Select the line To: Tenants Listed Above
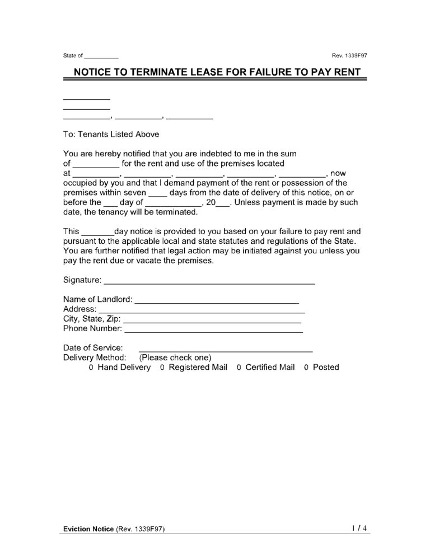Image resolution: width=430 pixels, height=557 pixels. (x=111, y=134)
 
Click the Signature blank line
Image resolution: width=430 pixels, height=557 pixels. (x=209, y=281)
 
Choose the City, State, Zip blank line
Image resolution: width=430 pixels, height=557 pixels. (x=212, y=320)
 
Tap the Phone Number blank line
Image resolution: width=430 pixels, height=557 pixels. (x=213, y=329)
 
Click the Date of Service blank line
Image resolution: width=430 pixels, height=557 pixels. (x=226, y=349)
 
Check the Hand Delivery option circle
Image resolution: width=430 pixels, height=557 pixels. (x=91, y=368)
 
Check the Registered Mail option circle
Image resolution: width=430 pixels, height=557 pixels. (x=162, y=368)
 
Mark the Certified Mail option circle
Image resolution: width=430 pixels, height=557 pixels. (x=239, y=368)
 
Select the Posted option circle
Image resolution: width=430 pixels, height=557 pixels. (x=306, y=368)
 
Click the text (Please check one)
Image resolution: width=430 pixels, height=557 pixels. (x=175, y=358)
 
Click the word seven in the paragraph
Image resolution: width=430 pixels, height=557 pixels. (x=134, y=193)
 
